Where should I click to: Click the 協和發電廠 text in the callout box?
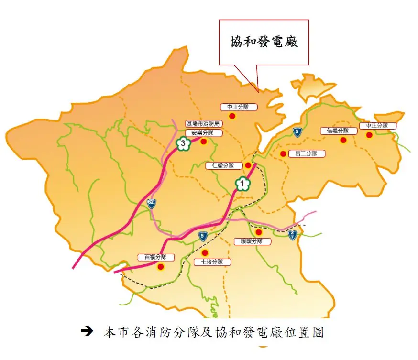pyautogui.click(x=264, y=42)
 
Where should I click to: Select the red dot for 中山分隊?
pyautogui.click(x=232, y=116)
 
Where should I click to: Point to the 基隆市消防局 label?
pyautogui.click(x=204, y=124)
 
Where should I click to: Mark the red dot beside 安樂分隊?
pyautogui.click(x=203, y=142)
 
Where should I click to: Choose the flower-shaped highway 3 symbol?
pyautogui.click(x=182, y=143)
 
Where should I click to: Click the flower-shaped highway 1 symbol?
pyautogui.click(x=242, y=183)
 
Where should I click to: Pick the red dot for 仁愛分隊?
pyautogui.click(x=248, y=165)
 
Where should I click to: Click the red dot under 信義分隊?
pyautogui.click(x=343, y=140)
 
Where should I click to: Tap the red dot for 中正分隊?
pyautogui.click(x=369, y=135)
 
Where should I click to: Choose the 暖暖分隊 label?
pyautogui.click(x=253, y=241)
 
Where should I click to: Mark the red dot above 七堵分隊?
pyautogui.click(x=205, y=252)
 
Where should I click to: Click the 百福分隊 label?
pyautogui.click(x=155, y=257)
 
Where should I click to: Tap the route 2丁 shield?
pyautogui.click(x=293, y=234)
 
